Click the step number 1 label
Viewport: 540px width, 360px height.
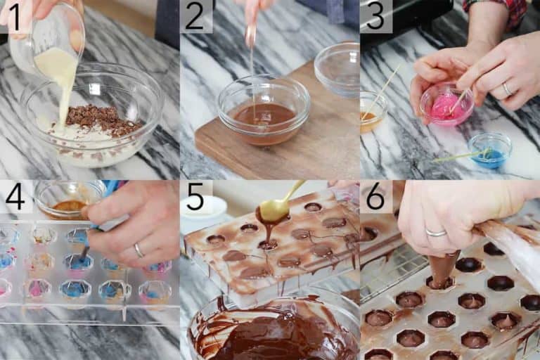pyautogui.click(x=15, y=15)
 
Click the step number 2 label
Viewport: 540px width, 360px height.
pyautogui.click(x=195, y=15)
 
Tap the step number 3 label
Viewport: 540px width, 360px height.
pyautogui.click(x=375, y=15)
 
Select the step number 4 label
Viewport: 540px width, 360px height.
pyautogui.click(x=15, y=196)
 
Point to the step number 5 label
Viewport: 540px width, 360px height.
pyautogui.click(x=195, y=196)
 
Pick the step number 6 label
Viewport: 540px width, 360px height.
pyautogui.click(x=375, y=196)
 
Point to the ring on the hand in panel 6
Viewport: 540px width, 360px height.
pyautogui.click(x=436, y=233)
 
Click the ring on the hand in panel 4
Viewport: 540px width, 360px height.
pyautogui.click(x=139, y=250)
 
